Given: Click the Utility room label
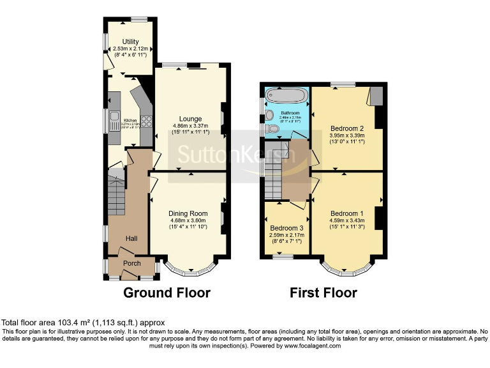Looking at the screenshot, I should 130,42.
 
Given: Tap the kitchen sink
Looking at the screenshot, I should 115,121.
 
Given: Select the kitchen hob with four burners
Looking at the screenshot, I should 146,120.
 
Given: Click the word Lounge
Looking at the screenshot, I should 190,119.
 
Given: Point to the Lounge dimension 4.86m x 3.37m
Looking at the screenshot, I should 190,126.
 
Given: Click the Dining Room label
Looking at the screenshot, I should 188,213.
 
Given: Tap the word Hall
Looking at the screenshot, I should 131,238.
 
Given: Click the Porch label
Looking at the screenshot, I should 132,263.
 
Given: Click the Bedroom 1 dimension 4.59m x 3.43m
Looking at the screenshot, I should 346,220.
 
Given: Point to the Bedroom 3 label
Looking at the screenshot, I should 286,228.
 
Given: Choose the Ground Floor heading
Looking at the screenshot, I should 167,293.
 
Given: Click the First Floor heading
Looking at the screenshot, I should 323,293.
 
